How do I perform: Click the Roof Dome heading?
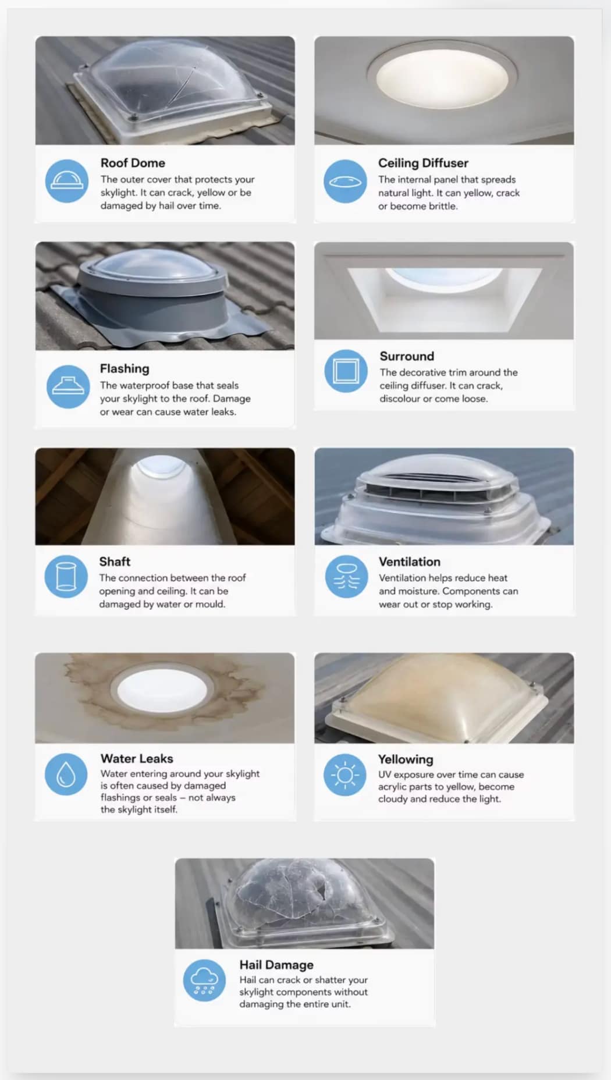(x=133, y=163)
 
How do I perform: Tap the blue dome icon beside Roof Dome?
(x=67, y=181)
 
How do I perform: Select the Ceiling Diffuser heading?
(x=423, y=163)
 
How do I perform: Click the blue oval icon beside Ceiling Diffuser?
(x=345, y=181)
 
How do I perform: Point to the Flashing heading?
(x=125, y=369)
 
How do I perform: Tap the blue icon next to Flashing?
(x=68, y=386)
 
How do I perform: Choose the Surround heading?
(x=407, y=356)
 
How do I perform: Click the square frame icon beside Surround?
(x=346, y=371)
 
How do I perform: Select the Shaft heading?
(x=115, y=562)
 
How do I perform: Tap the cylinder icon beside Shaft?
(x=66, y=577)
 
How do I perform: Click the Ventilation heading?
(x=410, y=562)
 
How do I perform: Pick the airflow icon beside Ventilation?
(x=346, y=577)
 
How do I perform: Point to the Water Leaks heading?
(x=137, y=758)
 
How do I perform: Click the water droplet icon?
(x=66, y=774)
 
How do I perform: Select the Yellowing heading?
(x=406, y=759)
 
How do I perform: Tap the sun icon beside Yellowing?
(x=345, y=775)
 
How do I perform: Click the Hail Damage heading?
(x=276, y=965)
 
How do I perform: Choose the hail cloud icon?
(x=204, y=980)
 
